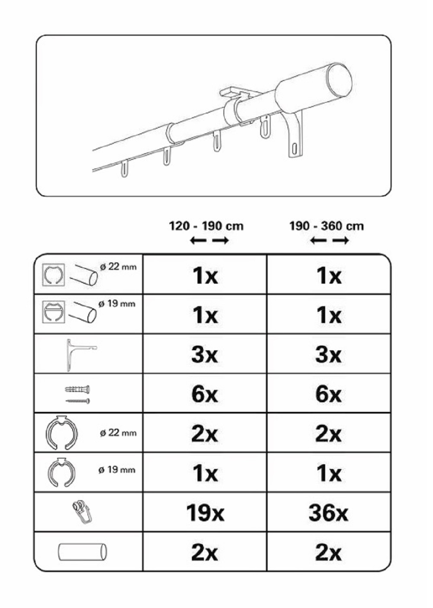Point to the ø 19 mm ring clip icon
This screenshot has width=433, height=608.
[61, 472]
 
